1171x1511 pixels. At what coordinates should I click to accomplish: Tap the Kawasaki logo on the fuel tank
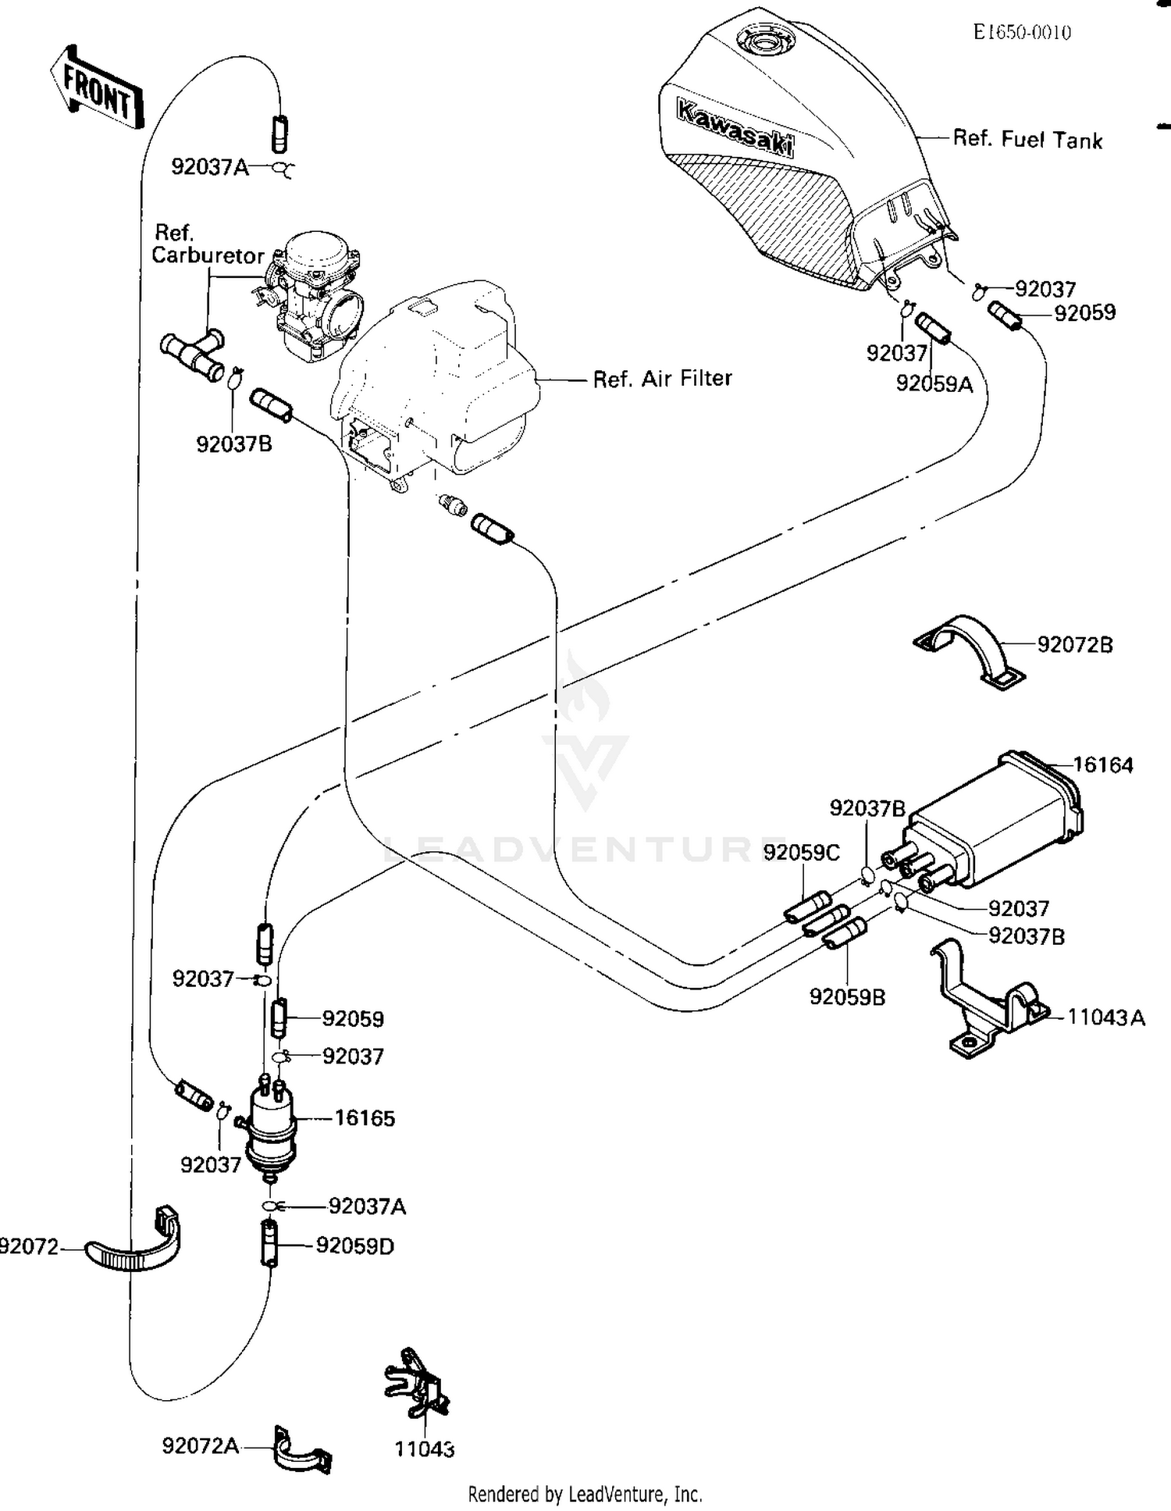[x=734, y=128]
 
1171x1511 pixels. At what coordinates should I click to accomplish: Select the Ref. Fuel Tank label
[x=1027, y=140]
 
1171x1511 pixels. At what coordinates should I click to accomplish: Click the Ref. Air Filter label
[x=662, y=379]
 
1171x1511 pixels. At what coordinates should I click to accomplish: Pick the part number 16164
[x=1103, y=765]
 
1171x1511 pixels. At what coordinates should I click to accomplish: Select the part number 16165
[x=365, y=1118]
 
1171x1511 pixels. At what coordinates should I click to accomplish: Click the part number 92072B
[x=1075, y=645]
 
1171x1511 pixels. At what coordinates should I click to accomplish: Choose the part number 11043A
[x=1106, y=1017]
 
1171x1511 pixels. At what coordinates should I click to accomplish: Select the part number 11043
[x=425, y=1449]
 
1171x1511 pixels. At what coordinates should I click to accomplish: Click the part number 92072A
[x=200, y=1446]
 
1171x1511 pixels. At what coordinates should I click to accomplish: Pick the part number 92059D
[x=354, y=1246]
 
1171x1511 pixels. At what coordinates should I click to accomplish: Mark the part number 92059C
[x=801, y=853]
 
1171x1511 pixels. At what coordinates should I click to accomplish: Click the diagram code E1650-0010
[x=1022, y=32]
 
